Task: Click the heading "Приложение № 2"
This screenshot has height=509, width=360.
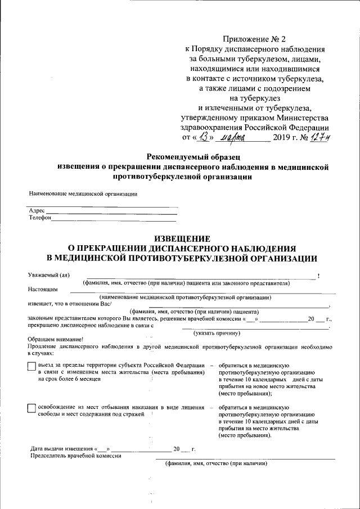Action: pyautogui.click(x=254, y=39)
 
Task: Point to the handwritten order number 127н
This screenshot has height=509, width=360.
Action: pyautogui.click(x=318, y=138)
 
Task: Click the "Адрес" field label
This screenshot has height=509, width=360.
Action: pyautogui.click(x=37, y=210)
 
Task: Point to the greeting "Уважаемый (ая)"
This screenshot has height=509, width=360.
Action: pyautogui.click(x=49, y=275)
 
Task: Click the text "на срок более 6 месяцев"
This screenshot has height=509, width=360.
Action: pyautogui.click(x=69, y=379)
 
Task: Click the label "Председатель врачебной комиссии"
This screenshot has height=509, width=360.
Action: pyautogui.click(x=75, y=456)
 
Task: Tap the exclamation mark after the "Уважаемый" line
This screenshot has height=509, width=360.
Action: pyautogui.click(x=319, y=276)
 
